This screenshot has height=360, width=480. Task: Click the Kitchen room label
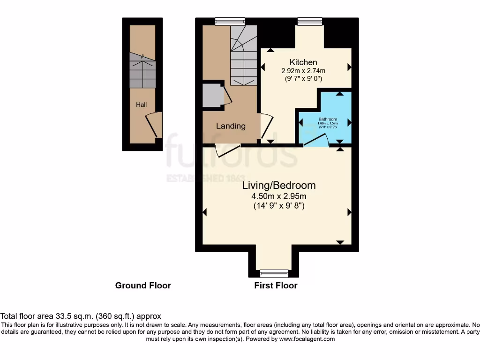(303, 62)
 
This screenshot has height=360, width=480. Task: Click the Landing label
(231, 126)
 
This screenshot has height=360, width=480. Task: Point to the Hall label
(141, 105)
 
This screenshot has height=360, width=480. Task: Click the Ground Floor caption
(143, 285)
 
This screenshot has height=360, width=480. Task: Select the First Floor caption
(276, 285)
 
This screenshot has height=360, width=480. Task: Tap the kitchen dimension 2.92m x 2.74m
(303, 71)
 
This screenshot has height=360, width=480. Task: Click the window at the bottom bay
(274, 273)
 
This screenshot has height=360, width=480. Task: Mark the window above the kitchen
(310, 21)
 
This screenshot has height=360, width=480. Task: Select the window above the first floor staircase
(230, 21)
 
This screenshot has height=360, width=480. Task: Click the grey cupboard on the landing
(212, 96)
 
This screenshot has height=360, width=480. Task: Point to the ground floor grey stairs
(142, 70)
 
